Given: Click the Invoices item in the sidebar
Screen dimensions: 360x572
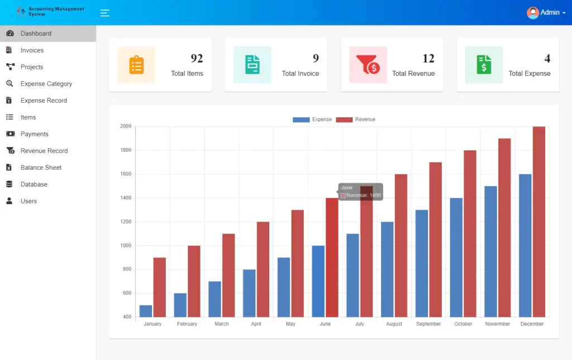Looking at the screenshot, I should coord(32,50).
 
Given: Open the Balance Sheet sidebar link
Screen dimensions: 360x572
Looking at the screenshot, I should coord(41,168).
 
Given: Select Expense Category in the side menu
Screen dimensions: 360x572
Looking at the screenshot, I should coord(46,84).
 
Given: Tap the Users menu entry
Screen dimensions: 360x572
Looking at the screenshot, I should coord(28,201).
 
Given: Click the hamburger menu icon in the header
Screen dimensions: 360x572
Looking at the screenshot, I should coord(104,13).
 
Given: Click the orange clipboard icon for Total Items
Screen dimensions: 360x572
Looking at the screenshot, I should coord(136,65).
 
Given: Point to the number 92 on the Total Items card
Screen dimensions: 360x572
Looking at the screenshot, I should coord(197,58).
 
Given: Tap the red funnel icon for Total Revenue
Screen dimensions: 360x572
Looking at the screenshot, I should coord(368,65).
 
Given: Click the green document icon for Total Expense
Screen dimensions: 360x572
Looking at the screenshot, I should coord(484,65).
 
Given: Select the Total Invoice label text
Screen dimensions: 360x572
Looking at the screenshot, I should coord(300,73).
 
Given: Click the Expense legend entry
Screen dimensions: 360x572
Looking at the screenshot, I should coord(312,120).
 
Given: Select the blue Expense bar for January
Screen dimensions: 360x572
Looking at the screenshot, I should coord(146,311).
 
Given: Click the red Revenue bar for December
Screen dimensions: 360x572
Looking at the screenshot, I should coord(539,224).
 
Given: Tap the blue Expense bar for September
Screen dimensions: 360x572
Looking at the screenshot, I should coord(422,263).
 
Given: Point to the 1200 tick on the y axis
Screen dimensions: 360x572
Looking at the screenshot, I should coord(125,222).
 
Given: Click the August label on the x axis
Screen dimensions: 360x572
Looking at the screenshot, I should coord(394,324).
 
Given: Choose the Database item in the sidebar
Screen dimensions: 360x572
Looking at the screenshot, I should coord(34,184).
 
